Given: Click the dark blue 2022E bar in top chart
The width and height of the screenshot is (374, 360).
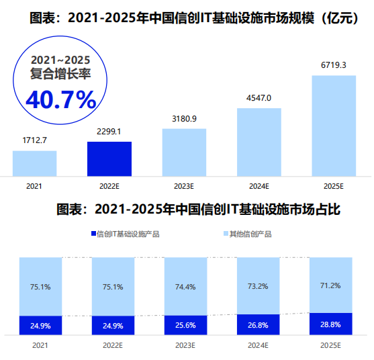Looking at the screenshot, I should coord(109,159).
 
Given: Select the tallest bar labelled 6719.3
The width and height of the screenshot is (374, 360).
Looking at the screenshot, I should coord(334,126).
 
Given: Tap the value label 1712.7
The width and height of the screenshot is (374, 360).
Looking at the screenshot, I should coord(34,140).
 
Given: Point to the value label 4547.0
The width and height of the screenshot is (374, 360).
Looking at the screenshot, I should coord(259,98).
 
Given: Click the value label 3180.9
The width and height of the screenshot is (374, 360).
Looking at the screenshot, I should coord(184,119).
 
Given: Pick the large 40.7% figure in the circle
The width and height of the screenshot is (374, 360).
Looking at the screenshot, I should coord(61,99).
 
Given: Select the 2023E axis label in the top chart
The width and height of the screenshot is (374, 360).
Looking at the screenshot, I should coord(184,185).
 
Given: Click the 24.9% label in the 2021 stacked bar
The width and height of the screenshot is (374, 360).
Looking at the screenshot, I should coord(41,326).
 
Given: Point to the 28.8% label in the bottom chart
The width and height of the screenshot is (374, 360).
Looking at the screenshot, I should coord(330,324).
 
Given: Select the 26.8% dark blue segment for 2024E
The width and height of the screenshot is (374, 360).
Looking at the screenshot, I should coord(259,324).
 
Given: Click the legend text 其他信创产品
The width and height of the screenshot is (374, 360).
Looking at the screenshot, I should coord(250,234).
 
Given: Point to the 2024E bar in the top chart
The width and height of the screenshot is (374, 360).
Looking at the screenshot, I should coord(259,141).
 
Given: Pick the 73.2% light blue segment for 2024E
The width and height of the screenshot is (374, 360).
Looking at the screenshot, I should coord(259,285).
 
